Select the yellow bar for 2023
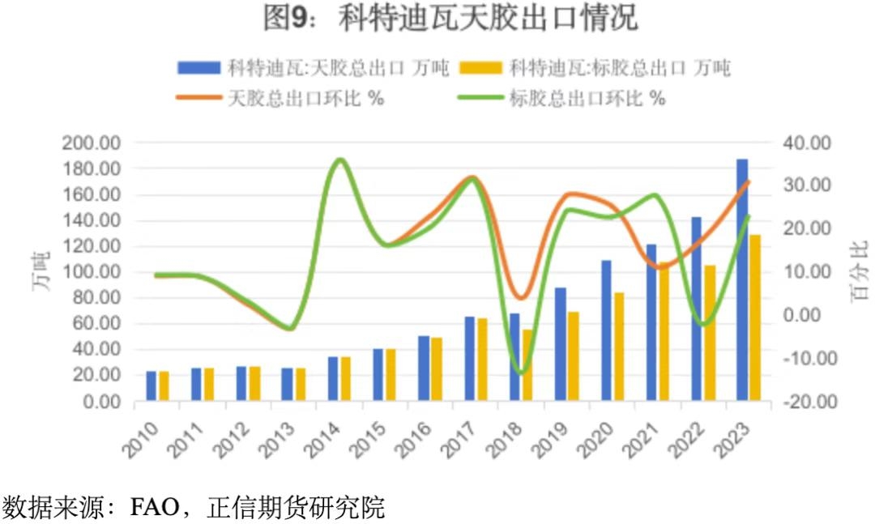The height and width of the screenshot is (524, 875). click(x=755, y=317)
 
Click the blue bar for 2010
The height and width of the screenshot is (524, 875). click(x=152, y=386)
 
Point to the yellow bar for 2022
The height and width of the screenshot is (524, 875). click(x=710, y=333)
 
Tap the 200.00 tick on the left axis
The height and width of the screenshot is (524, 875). click(x=92, y=143)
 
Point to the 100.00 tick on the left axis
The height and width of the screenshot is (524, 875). click(x=92, y=272)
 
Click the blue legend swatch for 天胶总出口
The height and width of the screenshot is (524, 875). click(x=199, y=68)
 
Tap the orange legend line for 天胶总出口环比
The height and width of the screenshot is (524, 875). click(x=199, y=99)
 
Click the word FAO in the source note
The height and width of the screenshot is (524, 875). click(x=158, y=508)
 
